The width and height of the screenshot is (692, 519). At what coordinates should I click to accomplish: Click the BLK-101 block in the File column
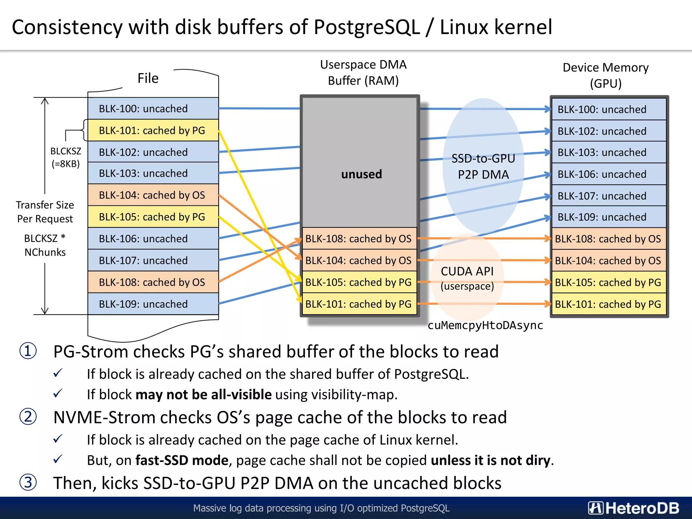click(153, 130)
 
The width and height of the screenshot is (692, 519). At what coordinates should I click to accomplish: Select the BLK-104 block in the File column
click(153, 195)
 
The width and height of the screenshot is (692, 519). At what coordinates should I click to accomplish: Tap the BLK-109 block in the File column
click(153, 304)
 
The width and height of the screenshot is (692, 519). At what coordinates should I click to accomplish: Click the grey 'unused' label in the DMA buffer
click(361, 174)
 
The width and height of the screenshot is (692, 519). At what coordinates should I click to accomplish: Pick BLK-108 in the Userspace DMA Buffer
click(359, 239)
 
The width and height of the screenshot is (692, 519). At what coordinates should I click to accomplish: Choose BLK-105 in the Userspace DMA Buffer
click(359, 282)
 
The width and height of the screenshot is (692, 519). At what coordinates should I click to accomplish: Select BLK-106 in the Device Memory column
click(608, 174)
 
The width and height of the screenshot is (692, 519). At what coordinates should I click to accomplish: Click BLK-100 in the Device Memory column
click(608, 109)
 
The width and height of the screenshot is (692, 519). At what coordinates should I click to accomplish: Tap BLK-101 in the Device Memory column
click(608, 304)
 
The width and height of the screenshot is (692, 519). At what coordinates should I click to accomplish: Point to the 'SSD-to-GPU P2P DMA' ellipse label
click(483, 167)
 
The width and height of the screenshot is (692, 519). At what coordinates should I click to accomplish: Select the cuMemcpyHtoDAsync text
click(485, 325)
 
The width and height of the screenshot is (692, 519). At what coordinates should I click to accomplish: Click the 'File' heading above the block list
click(148, 78)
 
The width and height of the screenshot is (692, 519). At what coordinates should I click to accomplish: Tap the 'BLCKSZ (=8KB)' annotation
click(66, 157)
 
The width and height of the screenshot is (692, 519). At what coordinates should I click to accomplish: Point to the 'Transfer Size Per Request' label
click(45, 212)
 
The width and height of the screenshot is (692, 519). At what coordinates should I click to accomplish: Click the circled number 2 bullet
click(28, 417)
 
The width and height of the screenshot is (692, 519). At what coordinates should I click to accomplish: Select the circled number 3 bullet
click(28, 483)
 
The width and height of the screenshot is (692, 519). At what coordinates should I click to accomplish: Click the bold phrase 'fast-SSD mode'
click(182, 460)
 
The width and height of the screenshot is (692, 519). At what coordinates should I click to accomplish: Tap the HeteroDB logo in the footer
click(634, 508)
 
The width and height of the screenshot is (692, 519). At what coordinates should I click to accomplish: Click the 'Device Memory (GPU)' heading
click(605, 75)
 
